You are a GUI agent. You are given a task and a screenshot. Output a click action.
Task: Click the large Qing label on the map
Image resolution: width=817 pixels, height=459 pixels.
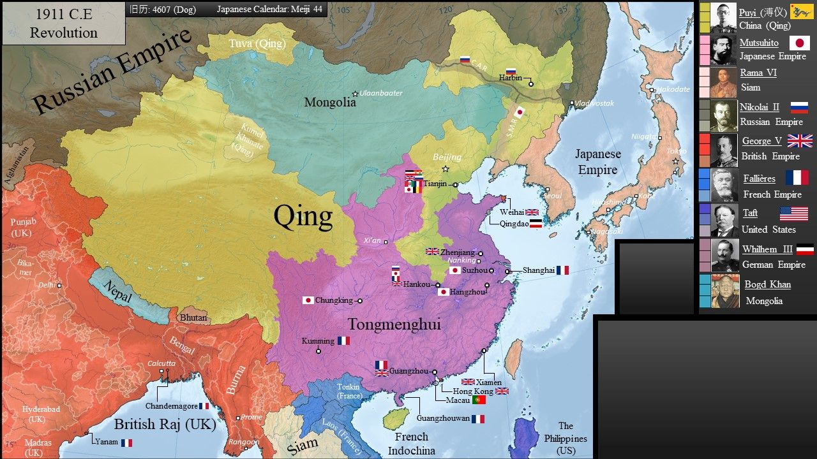(x=303, y=216)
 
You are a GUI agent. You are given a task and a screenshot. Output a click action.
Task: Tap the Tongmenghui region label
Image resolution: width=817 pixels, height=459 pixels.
(x=394, y=324)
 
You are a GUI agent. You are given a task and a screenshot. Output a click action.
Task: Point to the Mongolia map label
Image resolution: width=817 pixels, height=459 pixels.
(x=330, y=102)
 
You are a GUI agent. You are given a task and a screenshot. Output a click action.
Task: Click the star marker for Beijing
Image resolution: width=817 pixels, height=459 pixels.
(x=446, y=169)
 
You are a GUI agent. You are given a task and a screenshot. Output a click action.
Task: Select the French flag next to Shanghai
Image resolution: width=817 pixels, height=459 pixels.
(x=562, y=270)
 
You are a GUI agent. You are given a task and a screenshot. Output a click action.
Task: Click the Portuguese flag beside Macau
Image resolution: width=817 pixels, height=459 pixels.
(x=479, y=400)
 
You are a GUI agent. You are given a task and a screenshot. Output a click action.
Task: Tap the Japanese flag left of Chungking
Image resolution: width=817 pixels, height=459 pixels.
(x=308, y=300)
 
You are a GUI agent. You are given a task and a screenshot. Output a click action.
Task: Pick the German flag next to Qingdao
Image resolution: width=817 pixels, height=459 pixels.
(x=536, y=224)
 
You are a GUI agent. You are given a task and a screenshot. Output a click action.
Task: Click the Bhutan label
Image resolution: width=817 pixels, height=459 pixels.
(x=193, y=317)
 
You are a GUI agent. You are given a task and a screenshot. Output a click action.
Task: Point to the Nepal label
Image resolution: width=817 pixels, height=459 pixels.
(x=118, y=291)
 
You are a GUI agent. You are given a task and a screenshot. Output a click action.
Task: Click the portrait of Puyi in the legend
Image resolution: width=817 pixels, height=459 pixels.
(x=723, y=18)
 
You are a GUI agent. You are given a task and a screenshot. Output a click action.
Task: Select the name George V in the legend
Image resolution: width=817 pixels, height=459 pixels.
(x=761, y=141)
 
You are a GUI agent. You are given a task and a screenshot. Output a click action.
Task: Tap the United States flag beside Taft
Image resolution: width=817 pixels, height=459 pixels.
(x=793, y=214)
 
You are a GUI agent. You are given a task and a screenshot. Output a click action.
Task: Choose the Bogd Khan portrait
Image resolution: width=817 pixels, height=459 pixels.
(x=725, y=292)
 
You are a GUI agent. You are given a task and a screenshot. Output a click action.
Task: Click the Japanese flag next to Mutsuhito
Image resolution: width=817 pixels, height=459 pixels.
(x=799, y=43)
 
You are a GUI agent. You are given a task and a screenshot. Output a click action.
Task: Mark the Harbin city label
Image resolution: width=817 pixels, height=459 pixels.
(x=510, y=78)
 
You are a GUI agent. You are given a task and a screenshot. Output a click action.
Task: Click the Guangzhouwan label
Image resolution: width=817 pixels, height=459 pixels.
(x=443, y=419)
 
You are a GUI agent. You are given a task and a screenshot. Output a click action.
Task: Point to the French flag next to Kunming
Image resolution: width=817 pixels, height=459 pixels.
(x=343, y=341)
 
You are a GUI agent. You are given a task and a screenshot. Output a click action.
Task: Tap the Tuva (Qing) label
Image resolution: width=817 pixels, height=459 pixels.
(x=257, y=43)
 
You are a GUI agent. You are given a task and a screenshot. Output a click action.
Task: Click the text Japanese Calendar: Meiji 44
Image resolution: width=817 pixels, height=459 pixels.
(x=269, y=10)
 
